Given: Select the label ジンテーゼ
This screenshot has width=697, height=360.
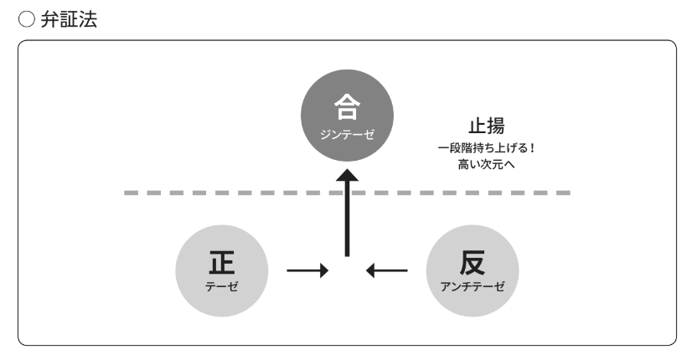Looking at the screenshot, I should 347,134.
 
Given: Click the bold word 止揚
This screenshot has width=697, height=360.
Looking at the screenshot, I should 486,126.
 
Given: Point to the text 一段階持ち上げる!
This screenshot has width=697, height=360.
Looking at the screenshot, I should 486,147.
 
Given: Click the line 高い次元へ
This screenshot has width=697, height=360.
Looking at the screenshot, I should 486,163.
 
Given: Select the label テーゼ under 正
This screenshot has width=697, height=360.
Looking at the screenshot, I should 222,285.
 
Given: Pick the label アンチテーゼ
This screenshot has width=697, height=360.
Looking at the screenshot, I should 472,285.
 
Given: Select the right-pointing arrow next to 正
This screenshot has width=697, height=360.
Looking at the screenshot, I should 307,270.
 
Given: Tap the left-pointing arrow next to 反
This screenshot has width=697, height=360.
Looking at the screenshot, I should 387,270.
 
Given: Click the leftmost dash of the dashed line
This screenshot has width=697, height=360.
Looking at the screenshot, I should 132,193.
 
